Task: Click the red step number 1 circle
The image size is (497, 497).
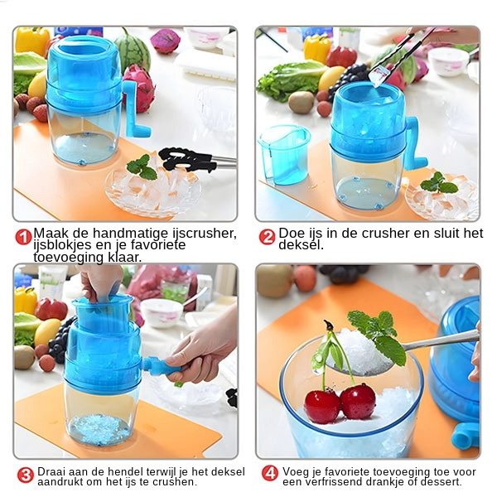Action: [23, 237]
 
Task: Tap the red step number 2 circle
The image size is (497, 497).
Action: [267, 237]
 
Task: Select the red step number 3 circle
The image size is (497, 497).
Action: [26, 475]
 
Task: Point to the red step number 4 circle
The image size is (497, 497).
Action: [270, 474]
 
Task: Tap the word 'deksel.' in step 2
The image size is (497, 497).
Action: [302, 245]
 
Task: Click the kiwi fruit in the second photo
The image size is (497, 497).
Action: [302, 102]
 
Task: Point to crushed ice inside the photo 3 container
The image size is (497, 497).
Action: [99, 429]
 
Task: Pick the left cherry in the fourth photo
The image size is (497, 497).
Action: [322, 406]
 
